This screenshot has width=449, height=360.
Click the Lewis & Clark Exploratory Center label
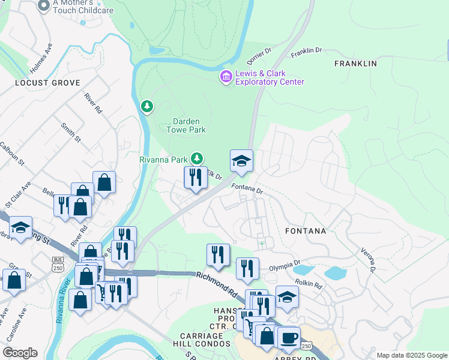[x=270, y=77]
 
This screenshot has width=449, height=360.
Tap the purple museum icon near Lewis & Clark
[x=226, y=77]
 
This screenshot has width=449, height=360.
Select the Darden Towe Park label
[x=185, y=125]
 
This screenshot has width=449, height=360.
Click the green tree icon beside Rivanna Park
[x=197, y=158]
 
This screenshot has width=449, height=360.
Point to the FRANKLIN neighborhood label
[x=355, y=64]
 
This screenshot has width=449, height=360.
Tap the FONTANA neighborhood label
[x=306, y=230]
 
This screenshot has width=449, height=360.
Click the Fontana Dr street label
[x=247, y=188]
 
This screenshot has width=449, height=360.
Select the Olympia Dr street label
[x=285, y=264]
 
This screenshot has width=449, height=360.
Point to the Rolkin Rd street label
[x=309, y=283]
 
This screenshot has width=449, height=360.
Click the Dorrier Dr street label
[x=259, y=58]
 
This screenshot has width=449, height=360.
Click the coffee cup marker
[x=289, y=338]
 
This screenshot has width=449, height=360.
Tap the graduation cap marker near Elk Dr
[x=241, y=161]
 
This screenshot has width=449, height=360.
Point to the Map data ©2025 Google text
[x=411, y=355]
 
